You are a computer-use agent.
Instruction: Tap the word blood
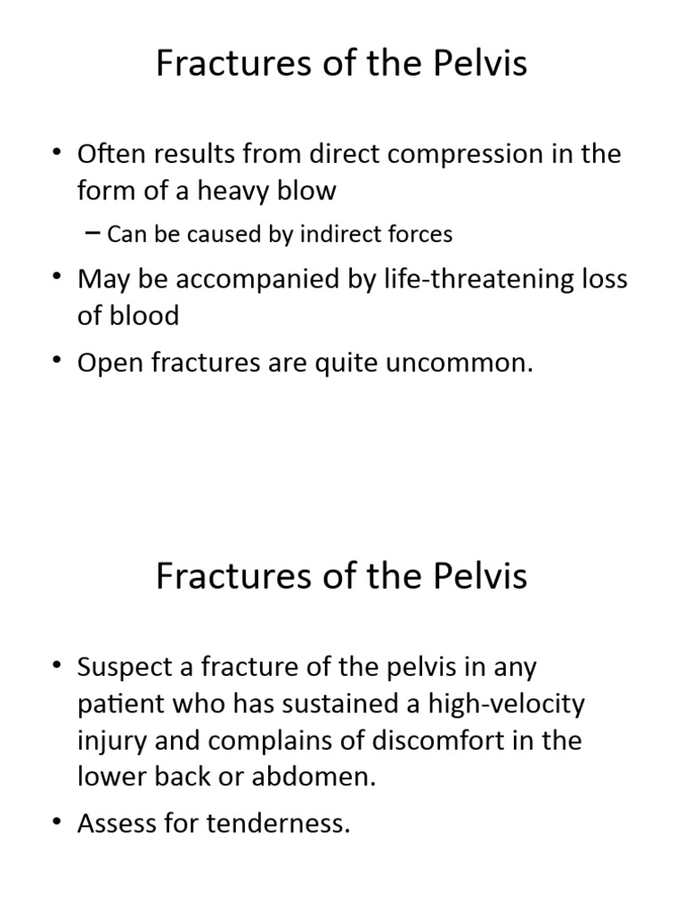142,315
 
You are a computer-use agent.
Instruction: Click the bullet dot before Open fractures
59,363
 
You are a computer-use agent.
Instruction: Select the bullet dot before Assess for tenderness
59,824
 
